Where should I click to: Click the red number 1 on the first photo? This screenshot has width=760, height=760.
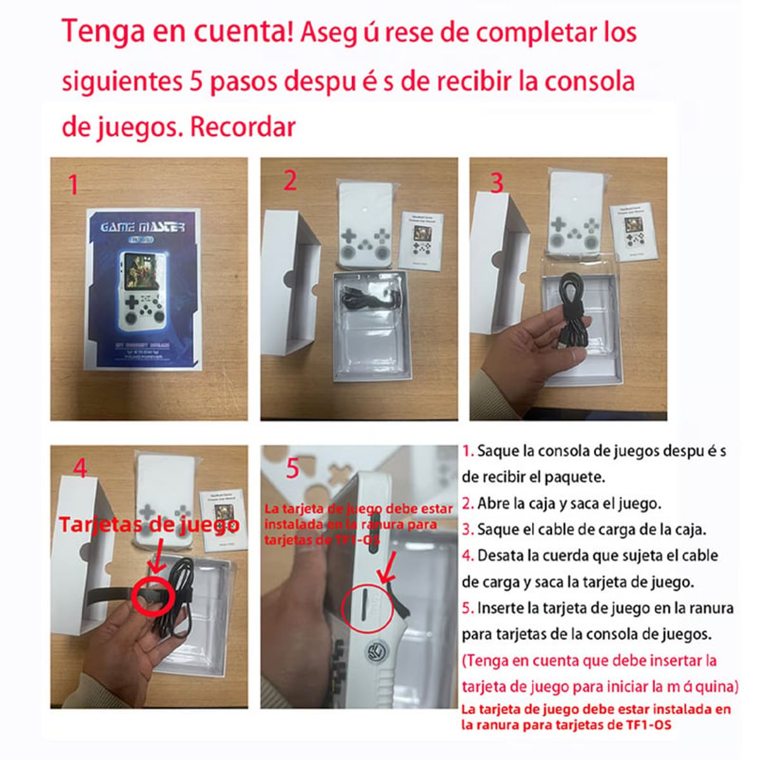74,185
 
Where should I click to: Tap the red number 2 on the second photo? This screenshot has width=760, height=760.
289,180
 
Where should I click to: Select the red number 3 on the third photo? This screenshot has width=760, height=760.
497,183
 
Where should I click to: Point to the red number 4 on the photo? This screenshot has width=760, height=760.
80,468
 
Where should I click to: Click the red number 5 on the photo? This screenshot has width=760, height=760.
292,469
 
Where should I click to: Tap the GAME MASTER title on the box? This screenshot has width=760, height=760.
142,227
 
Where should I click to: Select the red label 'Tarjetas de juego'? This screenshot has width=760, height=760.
149,525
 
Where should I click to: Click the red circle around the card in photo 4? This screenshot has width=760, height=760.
153,594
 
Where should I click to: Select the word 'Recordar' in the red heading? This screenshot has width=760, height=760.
243,127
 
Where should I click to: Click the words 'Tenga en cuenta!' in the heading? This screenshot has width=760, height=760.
177,32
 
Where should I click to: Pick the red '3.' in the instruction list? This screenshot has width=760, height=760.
468,529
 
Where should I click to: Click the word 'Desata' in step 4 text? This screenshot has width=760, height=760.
501,556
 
